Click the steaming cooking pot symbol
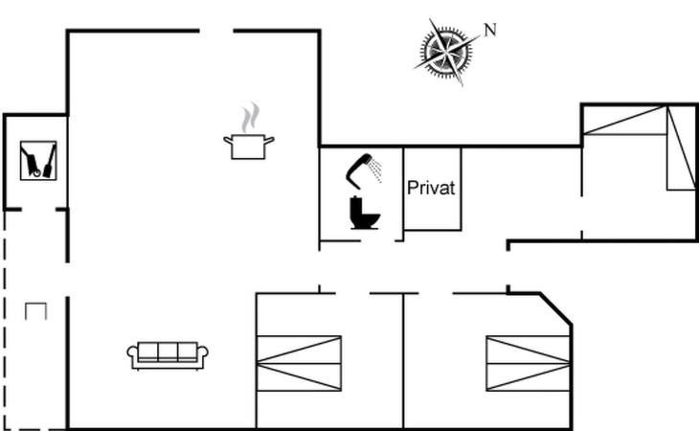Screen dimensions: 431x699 coord(249,145)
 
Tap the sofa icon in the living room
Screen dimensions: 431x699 coord(169,354)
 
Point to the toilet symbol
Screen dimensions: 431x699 coord(364,213)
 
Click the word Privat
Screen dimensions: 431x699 coord(430,187)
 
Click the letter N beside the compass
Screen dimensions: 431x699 coord(490,30)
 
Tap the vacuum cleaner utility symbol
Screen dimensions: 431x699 coord(38,160)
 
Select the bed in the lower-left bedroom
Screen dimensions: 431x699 coord(299,363)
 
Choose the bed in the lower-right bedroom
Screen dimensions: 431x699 coord(529,363)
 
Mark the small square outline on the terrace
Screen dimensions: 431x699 coord(35,310)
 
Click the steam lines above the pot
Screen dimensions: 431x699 coord(250,119)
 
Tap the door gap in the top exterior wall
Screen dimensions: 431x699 coord(216,31)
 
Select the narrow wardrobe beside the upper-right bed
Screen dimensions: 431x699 coord(681,148)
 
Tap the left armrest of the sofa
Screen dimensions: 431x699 coord(132,356)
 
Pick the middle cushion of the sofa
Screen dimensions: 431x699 coord(169,351)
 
